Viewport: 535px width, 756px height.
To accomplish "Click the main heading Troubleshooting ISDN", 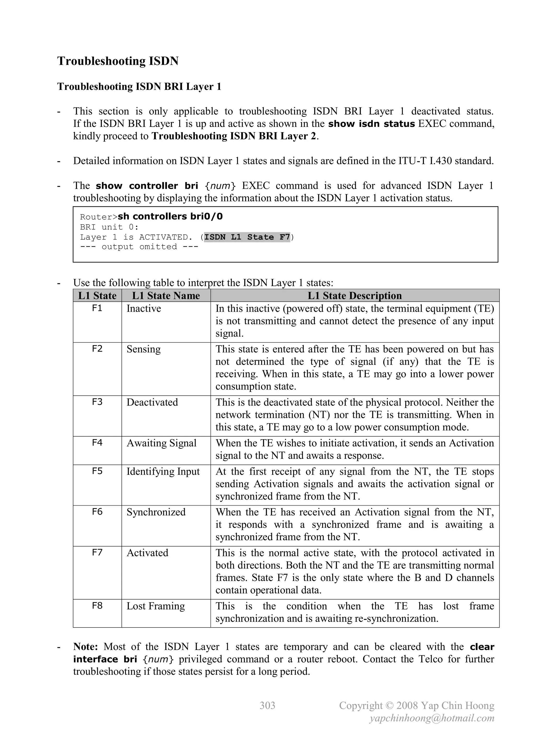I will pyautogui.click(x=118, y=61).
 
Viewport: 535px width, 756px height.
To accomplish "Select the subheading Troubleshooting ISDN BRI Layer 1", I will pyautogui.click(x=139, y=87).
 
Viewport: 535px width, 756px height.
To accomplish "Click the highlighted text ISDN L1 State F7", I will pyautogui.click(x=247, y=237).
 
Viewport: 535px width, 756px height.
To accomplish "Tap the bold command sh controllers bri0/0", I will pyautogui.click(x=170, y=216).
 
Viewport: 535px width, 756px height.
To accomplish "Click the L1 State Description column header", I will pyautogui.click(x=354, y=296).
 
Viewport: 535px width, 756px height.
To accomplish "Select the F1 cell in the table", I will pyautogui.click(x=97, y=308).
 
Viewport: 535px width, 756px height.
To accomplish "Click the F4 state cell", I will pyautogui.click(x=97, y=443).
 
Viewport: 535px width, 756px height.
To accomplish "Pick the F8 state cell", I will pyautogui.click(x=97, y=606).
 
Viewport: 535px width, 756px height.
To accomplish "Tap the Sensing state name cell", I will pyautogui.click(x=144, y=349).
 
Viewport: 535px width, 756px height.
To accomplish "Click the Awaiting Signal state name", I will pyautogui.click(x=161, y=443).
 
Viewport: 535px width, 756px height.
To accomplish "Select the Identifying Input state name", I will pyautogui.click(x=163, y=472).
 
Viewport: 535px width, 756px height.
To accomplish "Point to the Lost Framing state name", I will pyautogui.click(x=155, y=606).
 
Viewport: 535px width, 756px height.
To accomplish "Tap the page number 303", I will pyautogui.click(x=267, y=705).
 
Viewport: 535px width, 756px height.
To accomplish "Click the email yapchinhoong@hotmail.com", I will pyautogui.click(x=432, y=718).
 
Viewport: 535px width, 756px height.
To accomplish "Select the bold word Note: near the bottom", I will pyautogui.click(x=85, y=647).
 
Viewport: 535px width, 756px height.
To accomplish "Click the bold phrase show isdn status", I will pyautogui.click(x=371, y=124).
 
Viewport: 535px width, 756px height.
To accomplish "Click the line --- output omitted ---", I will pyautogui.click(x=139, y=247).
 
